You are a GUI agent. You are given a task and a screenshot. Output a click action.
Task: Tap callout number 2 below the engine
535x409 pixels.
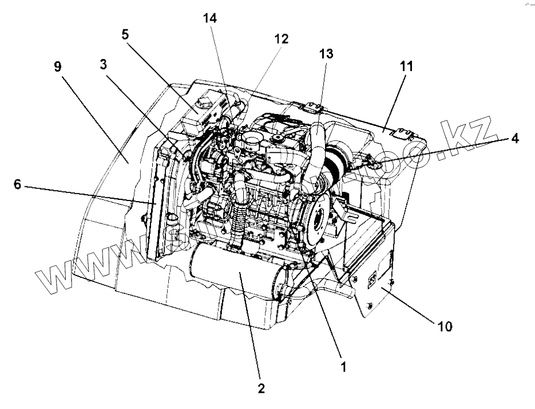(261, 388)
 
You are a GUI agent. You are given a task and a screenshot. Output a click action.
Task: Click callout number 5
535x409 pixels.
(124, 34)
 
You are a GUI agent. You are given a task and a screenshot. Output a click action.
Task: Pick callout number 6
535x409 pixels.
(18, 185)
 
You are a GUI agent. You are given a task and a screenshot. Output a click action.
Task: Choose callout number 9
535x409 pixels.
(57, 66)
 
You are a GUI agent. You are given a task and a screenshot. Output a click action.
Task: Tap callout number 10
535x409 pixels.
(445, 327)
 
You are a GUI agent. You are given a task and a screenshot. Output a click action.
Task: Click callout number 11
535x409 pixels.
(406, 67)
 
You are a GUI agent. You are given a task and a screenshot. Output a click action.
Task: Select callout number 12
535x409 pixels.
(281, 39)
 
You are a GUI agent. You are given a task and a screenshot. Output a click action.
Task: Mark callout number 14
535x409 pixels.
(210, 18)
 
